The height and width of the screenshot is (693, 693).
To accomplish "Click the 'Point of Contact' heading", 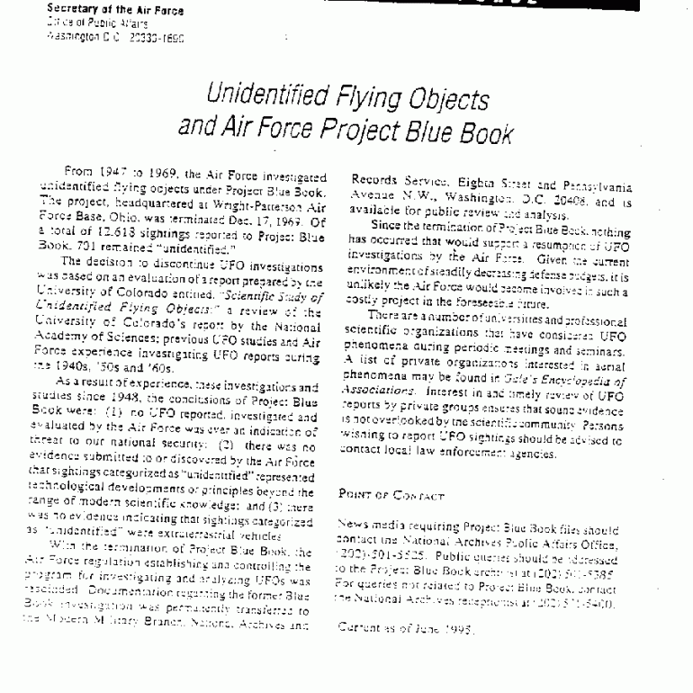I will coord(390,496).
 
